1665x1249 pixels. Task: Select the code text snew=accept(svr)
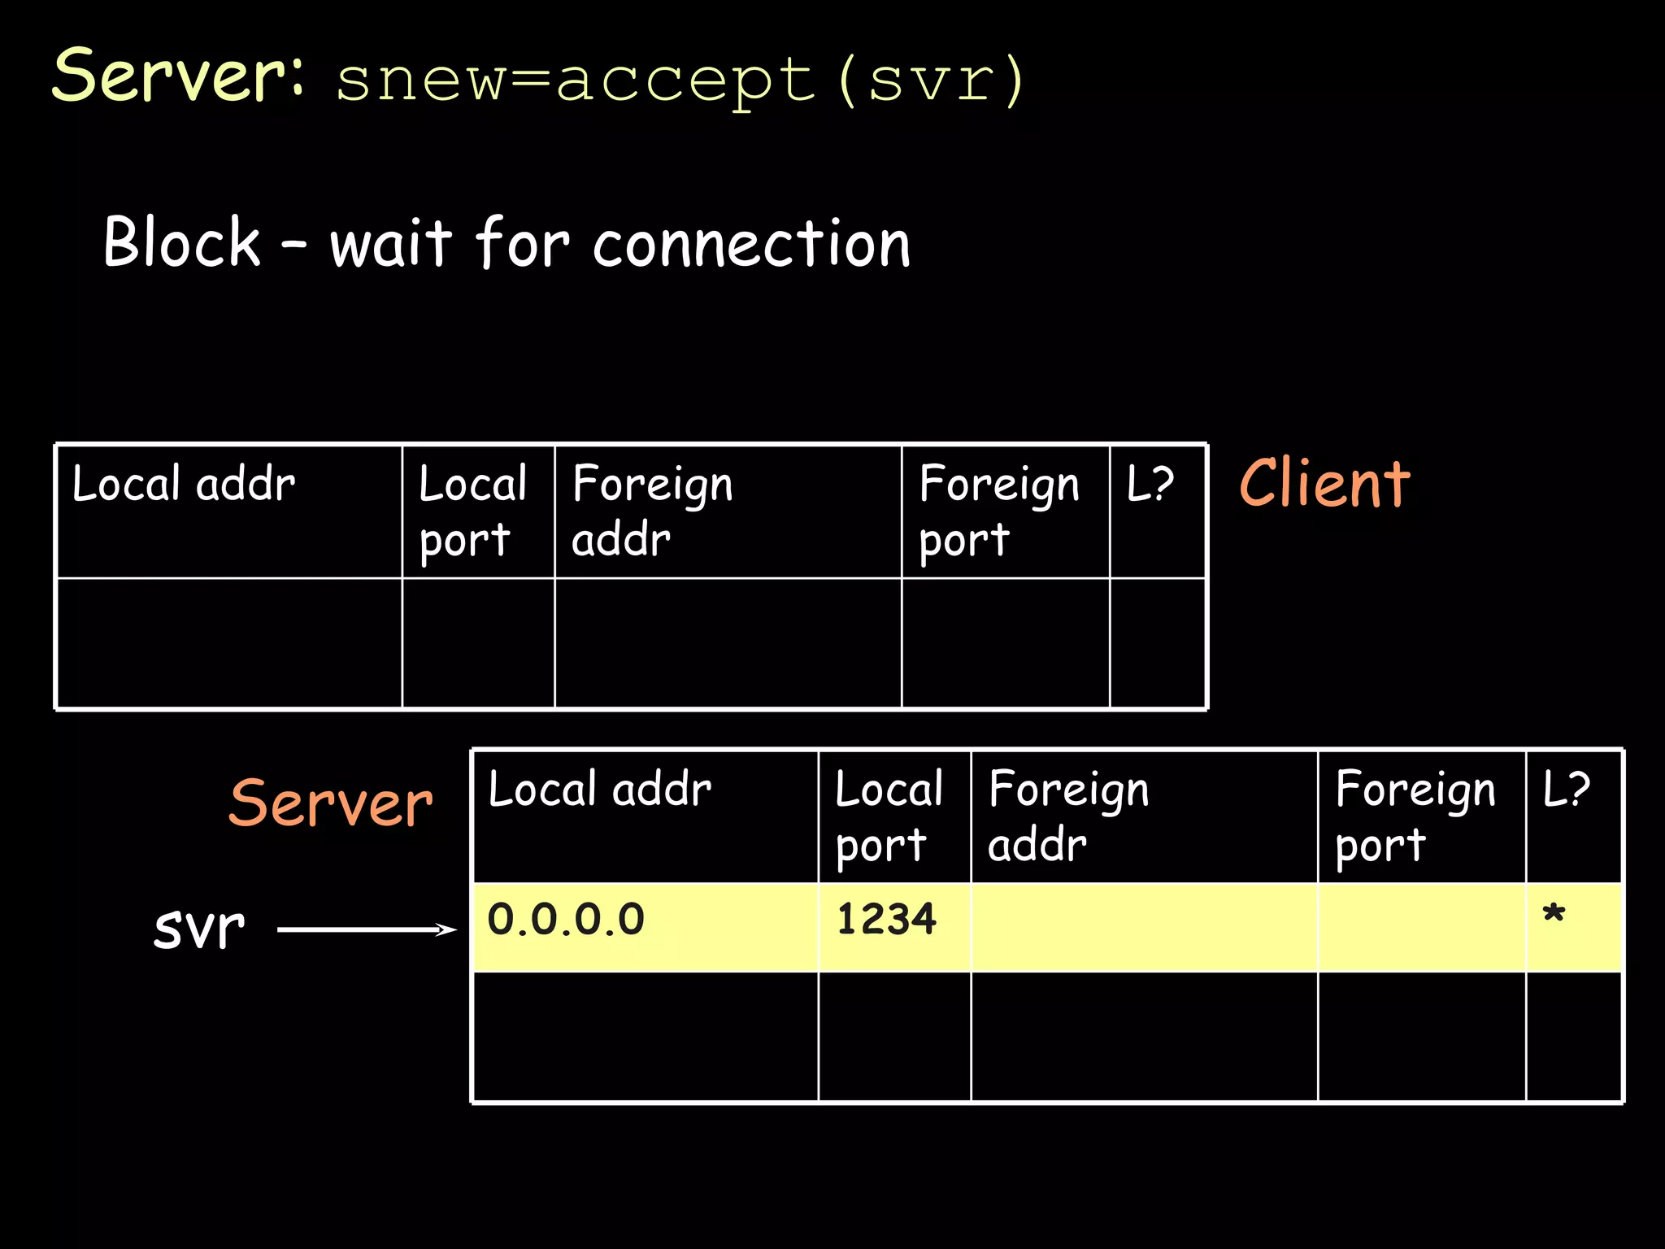[679, 81]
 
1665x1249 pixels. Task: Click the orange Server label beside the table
[331, 803]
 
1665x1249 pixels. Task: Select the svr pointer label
[199, 928]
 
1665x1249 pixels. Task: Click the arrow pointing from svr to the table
[367, 929]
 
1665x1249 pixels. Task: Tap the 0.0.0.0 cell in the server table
[566, 920]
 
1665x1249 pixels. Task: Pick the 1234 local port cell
[886, 920]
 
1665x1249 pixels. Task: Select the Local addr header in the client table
[184, 485]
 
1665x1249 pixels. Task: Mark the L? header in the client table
[1150, 485]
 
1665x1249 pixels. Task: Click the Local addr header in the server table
[600, 790]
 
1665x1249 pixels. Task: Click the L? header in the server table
[1567, 790]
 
